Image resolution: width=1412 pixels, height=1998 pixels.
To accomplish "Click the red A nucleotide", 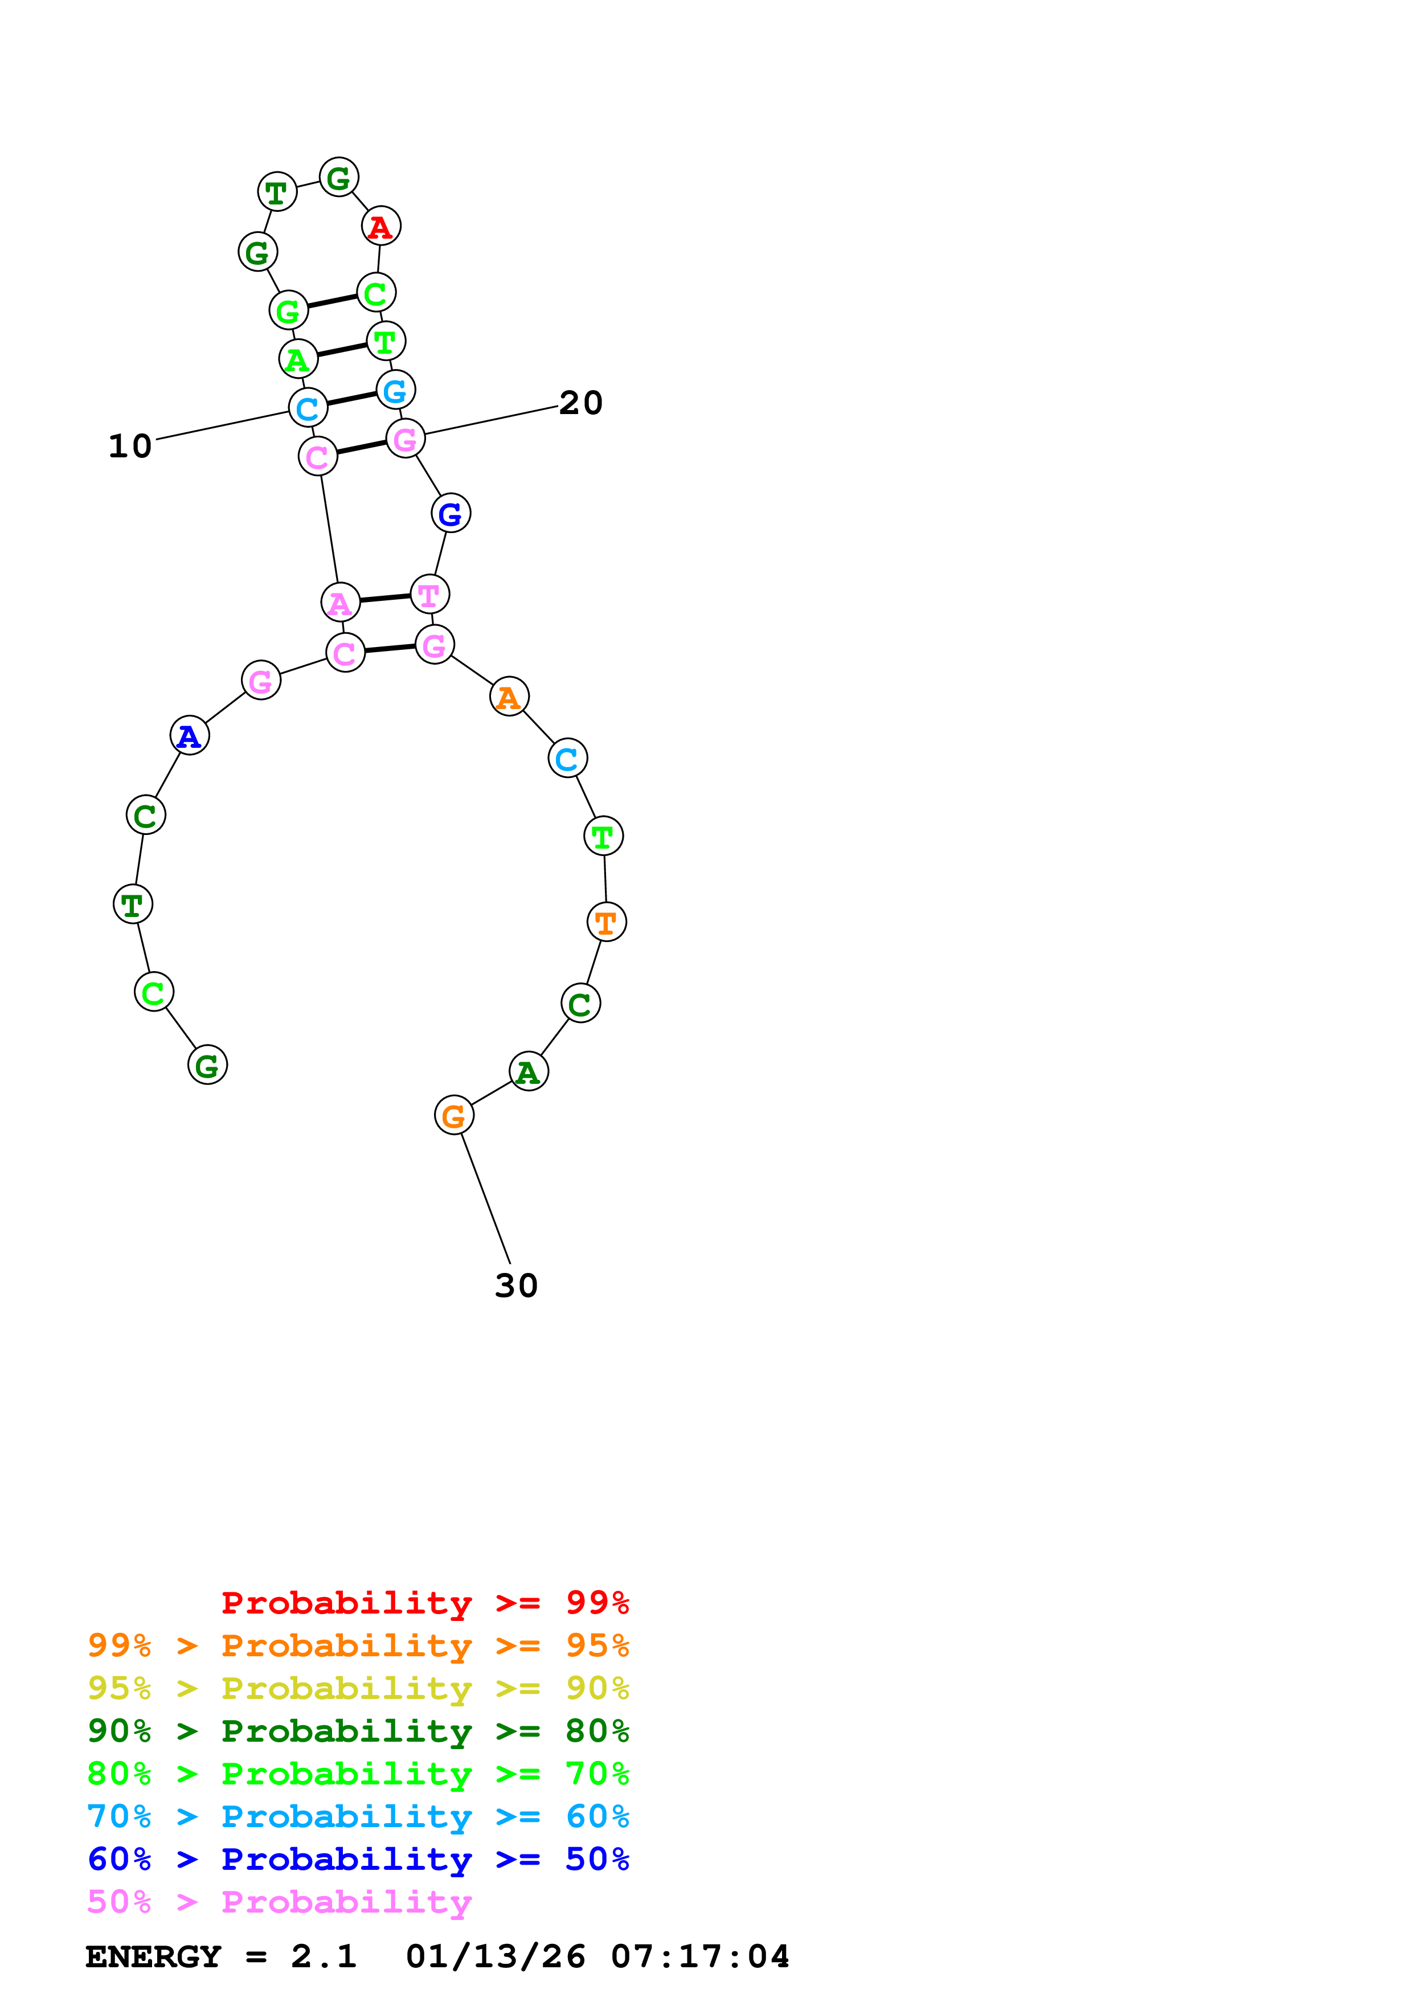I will (380, 226).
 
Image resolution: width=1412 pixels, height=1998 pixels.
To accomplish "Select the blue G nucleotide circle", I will (451, 513).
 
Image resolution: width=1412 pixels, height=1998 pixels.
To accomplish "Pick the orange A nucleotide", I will (509, 696).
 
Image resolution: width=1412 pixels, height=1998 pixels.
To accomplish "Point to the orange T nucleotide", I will (607, 922).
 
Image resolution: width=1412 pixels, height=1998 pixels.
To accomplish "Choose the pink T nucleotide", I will (430, 595).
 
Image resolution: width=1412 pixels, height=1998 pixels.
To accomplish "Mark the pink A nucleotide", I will (340, 602).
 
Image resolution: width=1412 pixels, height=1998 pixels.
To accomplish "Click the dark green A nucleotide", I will (528, 1071).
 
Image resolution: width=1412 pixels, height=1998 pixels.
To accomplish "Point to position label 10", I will (130, 447).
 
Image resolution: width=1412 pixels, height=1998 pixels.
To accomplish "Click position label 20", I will (580, 403).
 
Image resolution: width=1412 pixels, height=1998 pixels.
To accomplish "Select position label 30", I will (516, 1285).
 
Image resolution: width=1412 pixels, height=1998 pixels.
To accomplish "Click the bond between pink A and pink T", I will (386, 598).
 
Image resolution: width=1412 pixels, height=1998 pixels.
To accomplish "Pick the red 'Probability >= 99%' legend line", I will (424, 1602).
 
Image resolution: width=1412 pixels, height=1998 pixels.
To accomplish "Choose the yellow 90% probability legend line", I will (358, 1688).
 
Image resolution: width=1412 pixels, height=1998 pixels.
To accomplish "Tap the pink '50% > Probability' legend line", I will (279, 1901).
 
